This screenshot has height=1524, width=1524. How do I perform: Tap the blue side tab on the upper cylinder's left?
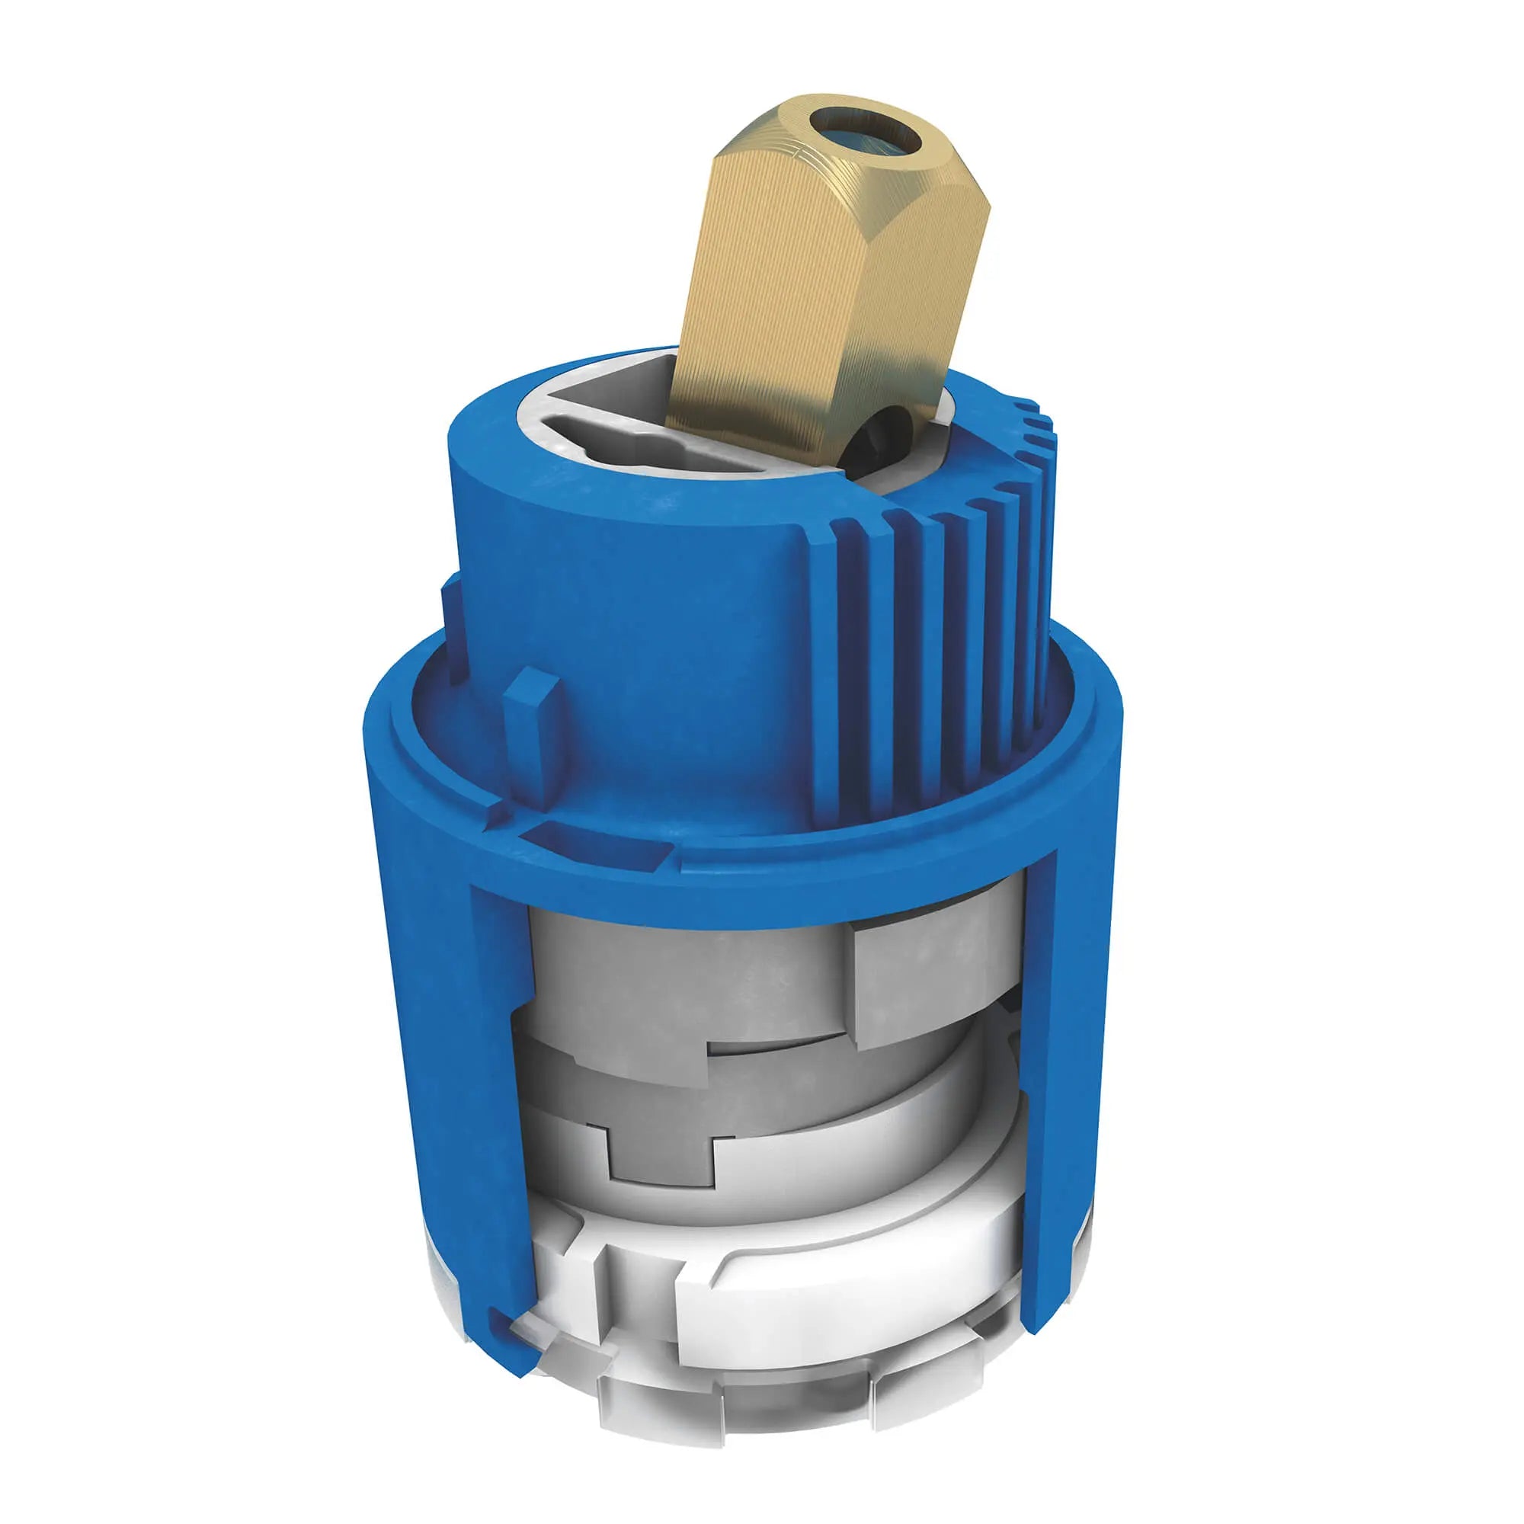[x=452, y=631]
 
